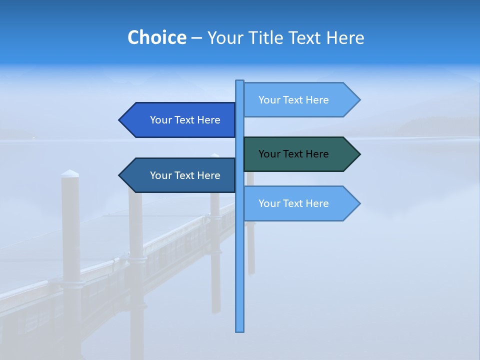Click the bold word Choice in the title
click(x=156, y=37)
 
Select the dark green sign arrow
click(x=300, y=154)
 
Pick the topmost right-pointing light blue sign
click(x=300, y=100)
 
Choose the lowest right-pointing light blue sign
click(x=300, y=203)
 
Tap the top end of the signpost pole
click(x=240, y=82)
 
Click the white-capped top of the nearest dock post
click(x=70, y=173)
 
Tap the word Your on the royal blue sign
click(x=160, y=120)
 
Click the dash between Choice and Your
click(x=196, y=38)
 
